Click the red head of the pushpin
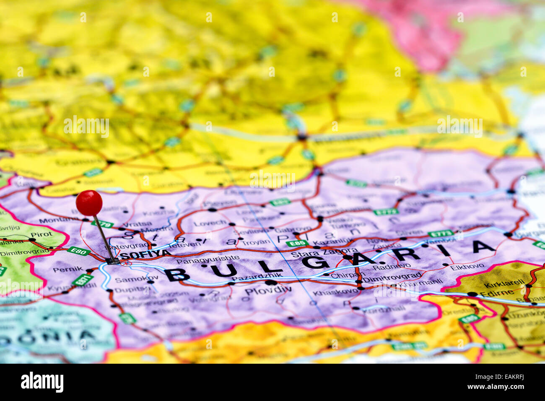click(89, 203)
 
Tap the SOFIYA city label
click(145, 254)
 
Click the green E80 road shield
click(79, 251)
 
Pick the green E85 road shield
click(297, 243)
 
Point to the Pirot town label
click(42, 235)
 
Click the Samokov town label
click(131, 279)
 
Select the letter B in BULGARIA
click(177, 275)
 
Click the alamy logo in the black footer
click(42, 382)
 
